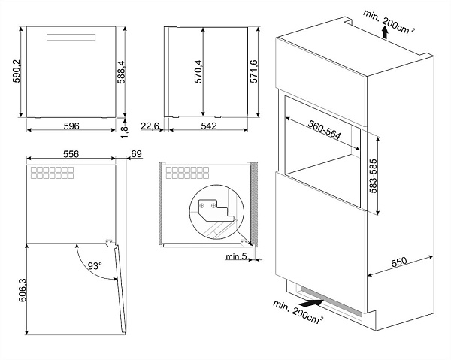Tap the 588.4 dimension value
(132, 74)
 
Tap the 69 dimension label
(135, 154)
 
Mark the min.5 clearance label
(235, 258)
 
